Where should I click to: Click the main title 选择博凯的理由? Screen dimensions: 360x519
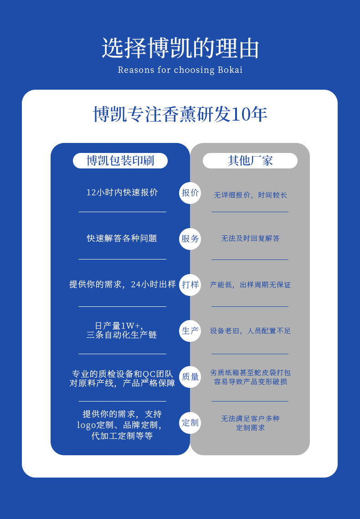(180, 48)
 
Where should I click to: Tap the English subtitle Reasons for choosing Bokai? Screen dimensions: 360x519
(180, 70)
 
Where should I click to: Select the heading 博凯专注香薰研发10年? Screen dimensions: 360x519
(180, 114)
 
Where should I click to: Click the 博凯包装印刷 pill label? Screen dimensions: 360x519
(120, 161)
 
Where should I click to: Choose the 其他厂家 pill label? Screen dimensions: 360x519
(250, 161)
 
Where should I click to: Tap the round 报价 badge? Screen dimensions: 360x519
(190, 193)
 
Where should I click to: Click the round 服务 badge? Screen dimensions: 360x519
(190, 239)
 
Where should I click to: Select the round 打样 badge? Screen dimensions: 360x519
(190, 285)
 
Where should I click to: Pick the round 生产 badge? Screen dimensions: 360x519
(190, 331)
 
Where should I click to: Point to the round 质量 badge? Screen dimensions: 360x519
(190, 377)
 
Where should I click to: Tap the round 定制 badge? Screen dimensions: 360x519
(190, 422)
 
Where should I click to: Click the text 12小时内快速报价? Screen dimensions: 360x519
(122, 193)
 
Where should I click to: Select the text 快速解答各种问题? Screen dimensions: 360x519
(122, 239)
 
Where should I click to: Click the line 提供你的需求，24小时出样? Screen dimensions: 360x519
(122, 285)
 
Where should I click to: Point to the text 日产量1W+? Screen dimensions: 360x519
(119, 326)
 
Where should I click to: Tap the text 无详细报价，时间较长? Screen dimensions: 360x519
(250, 195)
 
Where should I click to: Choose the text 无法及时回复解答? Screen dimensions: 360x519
(250, 239)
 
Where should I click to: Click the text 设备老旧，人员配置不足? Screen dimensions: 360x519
(250, 331)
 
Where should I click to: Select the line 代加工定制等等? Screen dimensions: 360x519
(122, 436)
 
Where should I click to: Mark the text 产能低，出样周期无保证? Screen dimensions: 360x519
(250, 285)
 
